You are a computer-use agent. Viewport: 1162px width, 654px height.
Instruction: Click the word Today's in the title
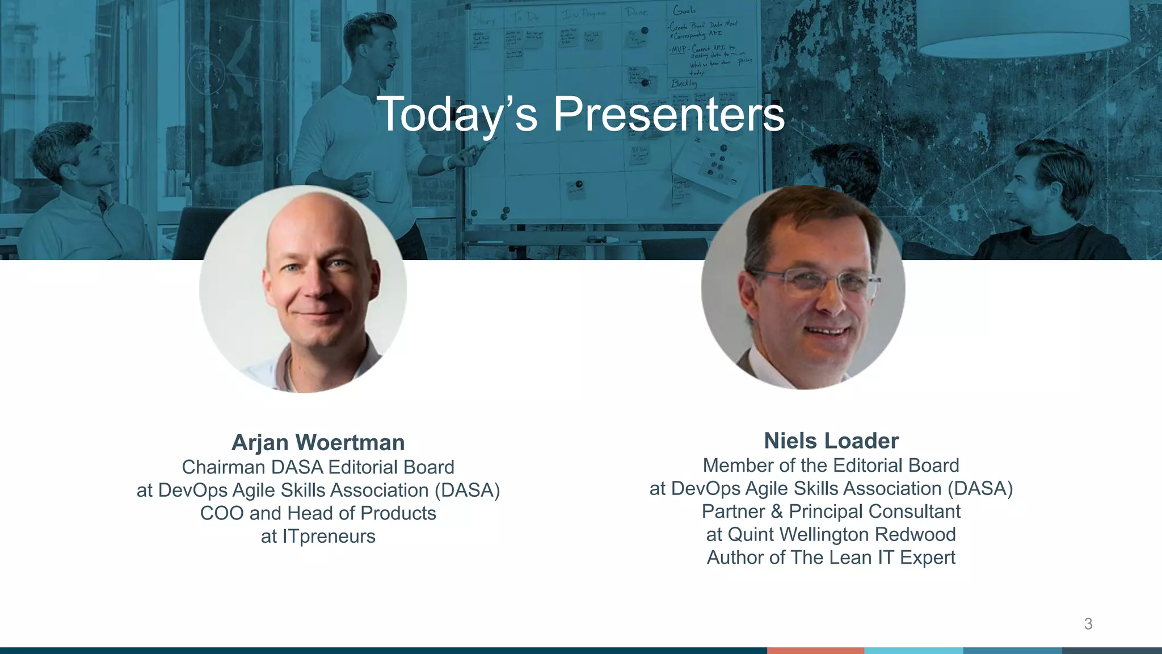tap(456, 115)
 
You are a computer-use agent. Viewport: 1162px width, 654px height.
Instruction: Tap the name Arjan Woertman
tap(318, 443)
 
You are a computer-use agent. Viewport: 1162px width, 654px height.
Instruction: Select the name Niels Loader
tap(831, 441)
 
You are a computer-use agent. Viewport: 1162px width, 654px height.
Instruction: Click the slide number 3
tap(1088, 624)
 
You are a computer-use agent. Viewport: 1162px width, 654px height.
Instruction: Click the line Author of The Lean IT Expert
tap(831, 557)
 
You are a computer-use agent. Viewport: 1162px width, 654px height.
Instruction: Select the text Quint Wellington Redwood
tap(841, 535)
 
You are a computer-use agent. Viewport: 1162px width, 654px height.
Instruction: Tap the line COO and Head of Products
tap(318, 513)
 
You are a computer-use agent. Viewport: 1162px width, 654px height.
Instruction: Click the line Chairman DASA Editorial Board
tap(318, 467)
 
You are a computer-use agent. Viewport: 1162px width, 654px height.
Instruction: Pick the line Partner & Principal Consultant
tap(831, 512)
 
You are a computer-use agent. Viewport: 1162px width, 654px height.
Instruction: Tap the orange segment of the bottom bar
tap(815, 651)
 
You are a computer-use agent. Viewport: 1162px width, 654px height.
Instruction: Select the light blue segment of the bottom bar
tap(913, 651)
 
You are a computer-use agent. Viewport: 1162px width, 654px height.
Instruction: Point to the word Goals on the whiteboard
tap(684, 10)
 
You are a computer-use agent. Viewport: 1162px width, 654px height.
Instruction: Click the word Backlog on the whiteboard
tap(683, 83)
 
